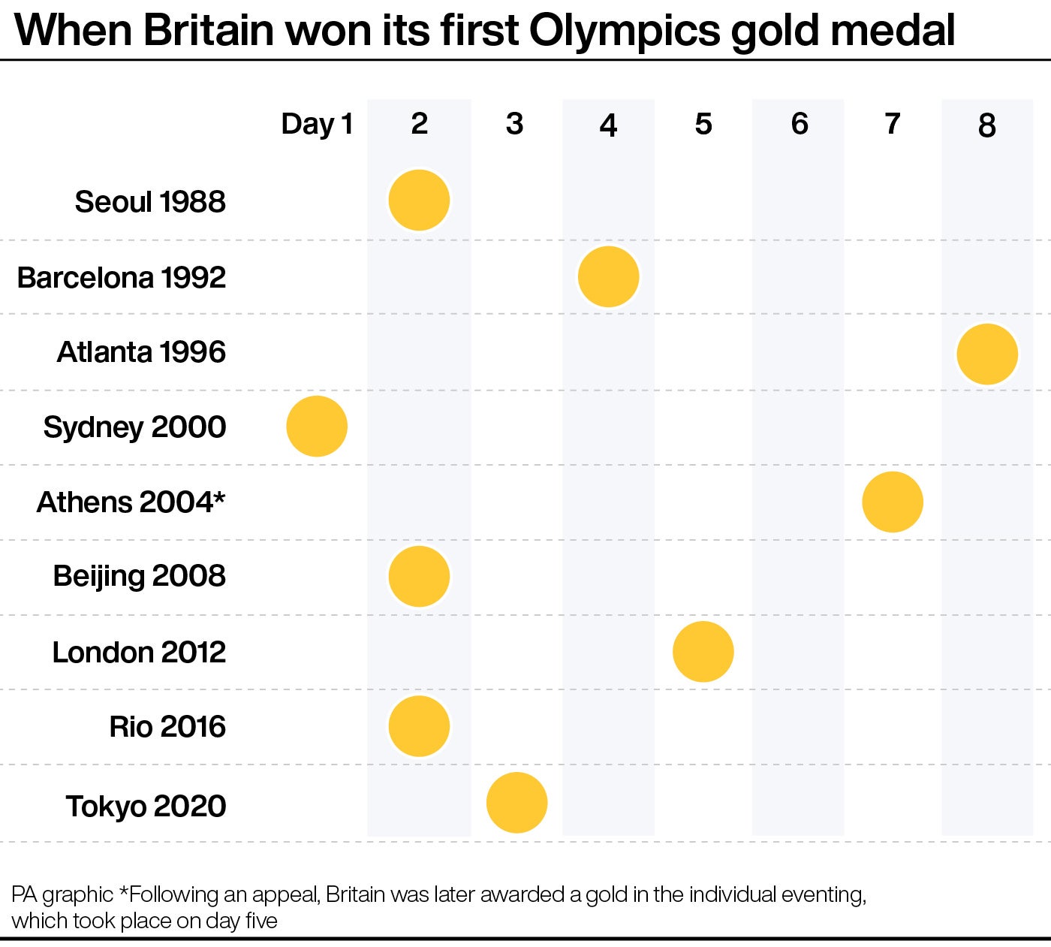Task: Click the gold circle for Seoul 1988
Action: [419, 200]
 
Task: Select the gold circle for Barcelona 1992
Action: [608, 276]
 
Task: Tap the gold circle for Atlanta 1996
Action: [987, 354]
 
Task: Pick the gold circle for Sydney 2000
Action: [317, 426]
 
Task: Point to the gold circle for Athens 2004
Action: [892, 502]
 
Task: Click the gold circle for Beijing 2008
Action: [419, 576]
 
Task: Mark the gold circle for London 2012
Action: [703, 651]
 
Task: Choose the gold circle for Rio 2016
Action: [419, 726]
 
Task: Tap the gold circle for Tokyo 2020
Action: [516, 802]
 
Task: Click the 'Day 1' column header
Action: [317, 124]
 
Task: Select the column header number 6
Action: [799, 124]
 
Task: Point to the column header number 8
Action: [986, 125]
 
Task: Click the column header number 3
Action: [514, 124]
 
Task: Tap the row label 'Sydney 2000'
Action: [134, 427]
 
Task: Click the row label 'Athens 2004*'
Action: [131, 502]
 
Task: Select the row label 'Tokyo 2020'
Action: [146, 806]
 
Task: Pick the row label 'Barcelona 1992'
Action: [122, 277]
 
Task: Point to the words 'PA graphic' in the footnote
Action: [62, 894]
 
